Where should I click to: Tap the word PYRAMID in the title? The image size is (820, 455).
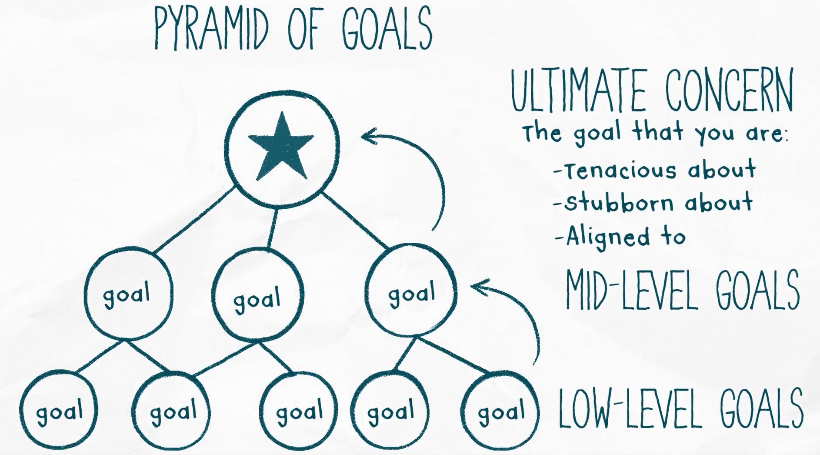211,29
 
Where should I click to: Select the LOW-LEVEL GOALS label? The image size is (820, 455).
680,409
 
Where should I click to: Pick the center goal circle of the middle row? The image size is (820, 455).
257,296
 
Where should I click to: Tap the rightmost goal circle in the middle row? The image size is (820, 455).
411,291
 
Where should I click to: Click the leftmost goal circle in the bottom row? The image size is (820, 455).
59,411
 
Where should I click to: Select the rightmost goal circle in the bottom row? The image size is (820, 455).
500,411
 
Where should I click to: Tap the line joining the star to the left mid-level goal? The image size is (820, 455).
196,220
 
